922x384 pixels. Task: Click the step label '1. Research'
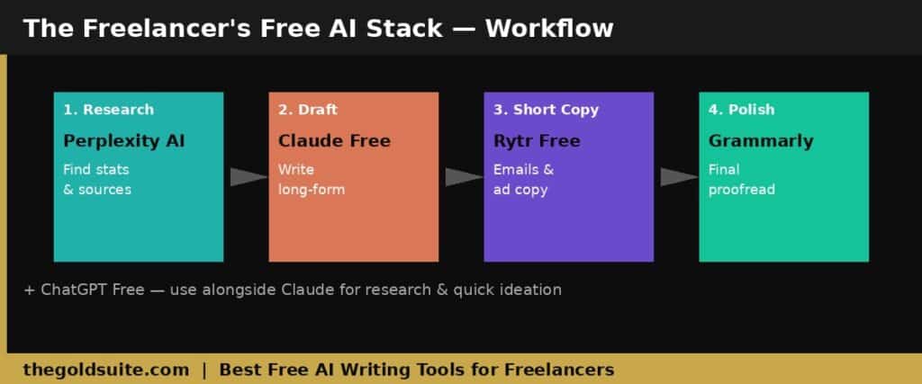click(x=108, y=110)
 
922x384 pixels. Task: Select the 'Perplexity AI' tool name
click(x=124, y=141)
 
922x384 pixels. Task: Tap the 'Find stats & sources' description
click(x=97, y=179)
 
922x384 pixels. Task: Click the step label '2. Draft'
click(x=308, y=110)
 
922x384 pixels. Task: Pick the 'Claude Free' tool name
click(x=334, y=141)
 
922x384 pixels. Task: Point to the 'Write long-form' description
click(x=312, y=179)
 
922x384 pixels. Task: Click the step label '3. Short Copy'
click(x=546, y=110)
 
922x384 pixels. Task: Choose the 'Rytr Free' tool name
click(x=537, y=141)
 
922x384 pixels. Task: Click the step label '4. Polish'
click(x=741, y=110)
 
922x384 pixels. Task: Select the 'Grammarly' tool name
click(x=761, y=141)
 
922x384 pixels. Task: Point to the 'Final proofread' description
click(x=742, y=179)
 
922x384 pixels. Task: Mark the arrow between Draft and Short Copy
click(x=464, y=177)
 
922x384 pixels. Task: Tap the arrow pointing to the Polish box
click(x=679, y=177)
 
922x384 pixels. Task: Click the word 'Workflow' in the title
click(x=549, y=28)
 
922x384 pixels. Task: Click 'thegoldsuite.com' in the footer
click(x=106, y=369)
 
